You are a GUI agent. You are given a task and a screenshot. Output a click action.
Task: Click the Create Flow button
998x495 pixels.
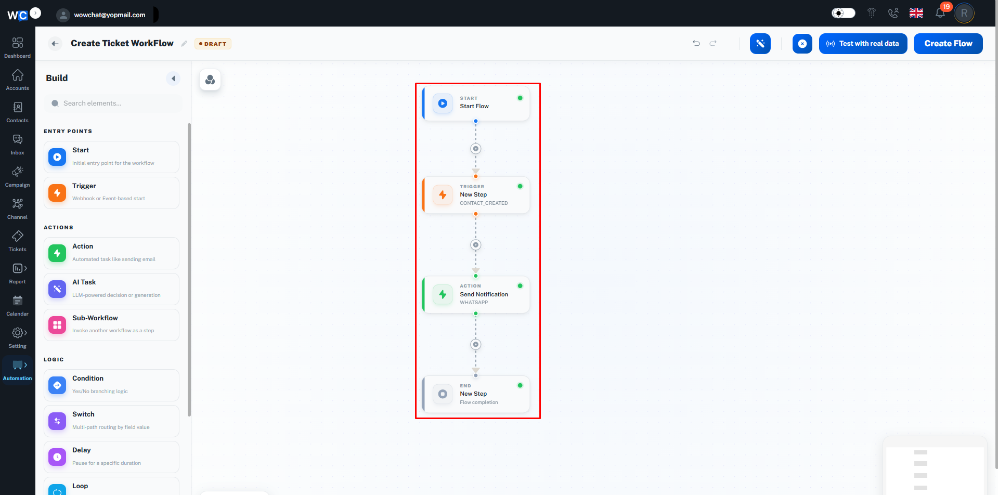coord(948,44)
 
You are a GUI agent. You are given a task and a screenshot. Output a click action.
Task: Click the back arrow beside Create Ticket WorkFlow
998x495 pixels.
coord(55,44)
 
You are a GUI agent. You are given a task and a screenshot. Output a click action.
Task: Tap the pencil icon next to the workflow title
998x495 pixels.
coord(184,44)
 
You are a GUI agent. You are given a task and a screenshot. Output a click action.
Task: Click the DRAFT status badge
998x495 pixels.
coord(213,44)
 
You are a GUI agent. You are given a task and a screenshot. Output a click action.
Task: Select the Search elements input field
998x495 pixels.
coord(113,103)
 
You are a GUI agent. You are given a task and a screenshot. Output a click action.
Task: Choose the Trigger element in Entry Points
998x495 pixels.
coord(111,193)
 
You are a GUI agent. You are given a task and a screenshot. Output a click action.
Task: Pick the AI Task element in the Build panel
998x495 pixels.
coord(111,289)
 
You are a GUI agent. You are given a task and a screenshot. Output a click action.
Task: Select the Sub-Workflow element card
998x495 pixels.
coord(111,325)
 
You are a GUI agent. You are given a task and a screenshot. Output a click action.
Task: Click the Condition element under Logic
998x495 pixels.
coord(111,385)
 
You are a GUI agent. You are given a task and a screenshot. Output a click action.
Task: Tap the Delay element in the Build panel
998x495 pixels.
coord(111,457)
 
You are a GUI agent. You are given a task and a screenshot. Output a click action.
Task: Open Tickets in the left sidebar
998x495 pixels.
coord(18,241)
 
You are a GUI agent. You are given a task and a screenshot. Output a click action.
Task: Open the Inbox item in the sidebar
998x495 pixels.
coord(18,145)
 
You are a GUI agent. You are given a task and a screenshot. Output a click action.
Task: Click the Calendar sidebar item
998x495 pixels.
coord(18,306)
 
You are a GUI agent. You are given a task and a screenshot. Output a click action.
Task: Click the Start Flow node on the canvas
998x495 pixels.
coord(476,103)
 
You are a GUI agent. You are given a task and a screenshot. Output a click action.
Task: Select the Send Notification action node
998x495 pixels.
coord(476,294)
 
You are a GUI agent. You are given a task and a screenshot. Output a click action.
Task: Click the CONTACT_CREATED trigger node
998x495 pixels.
coord(476,195)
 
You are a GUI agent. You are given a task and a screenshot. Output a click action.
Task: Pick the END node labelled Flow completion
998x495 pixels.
coord(476,394)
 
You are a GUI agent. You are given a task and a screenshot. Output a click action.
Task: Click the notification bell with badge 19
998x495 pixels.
coord(941,13)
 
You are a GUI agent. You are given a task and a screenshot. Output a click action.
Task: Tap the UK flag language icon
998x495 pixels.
coord(916,13)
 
